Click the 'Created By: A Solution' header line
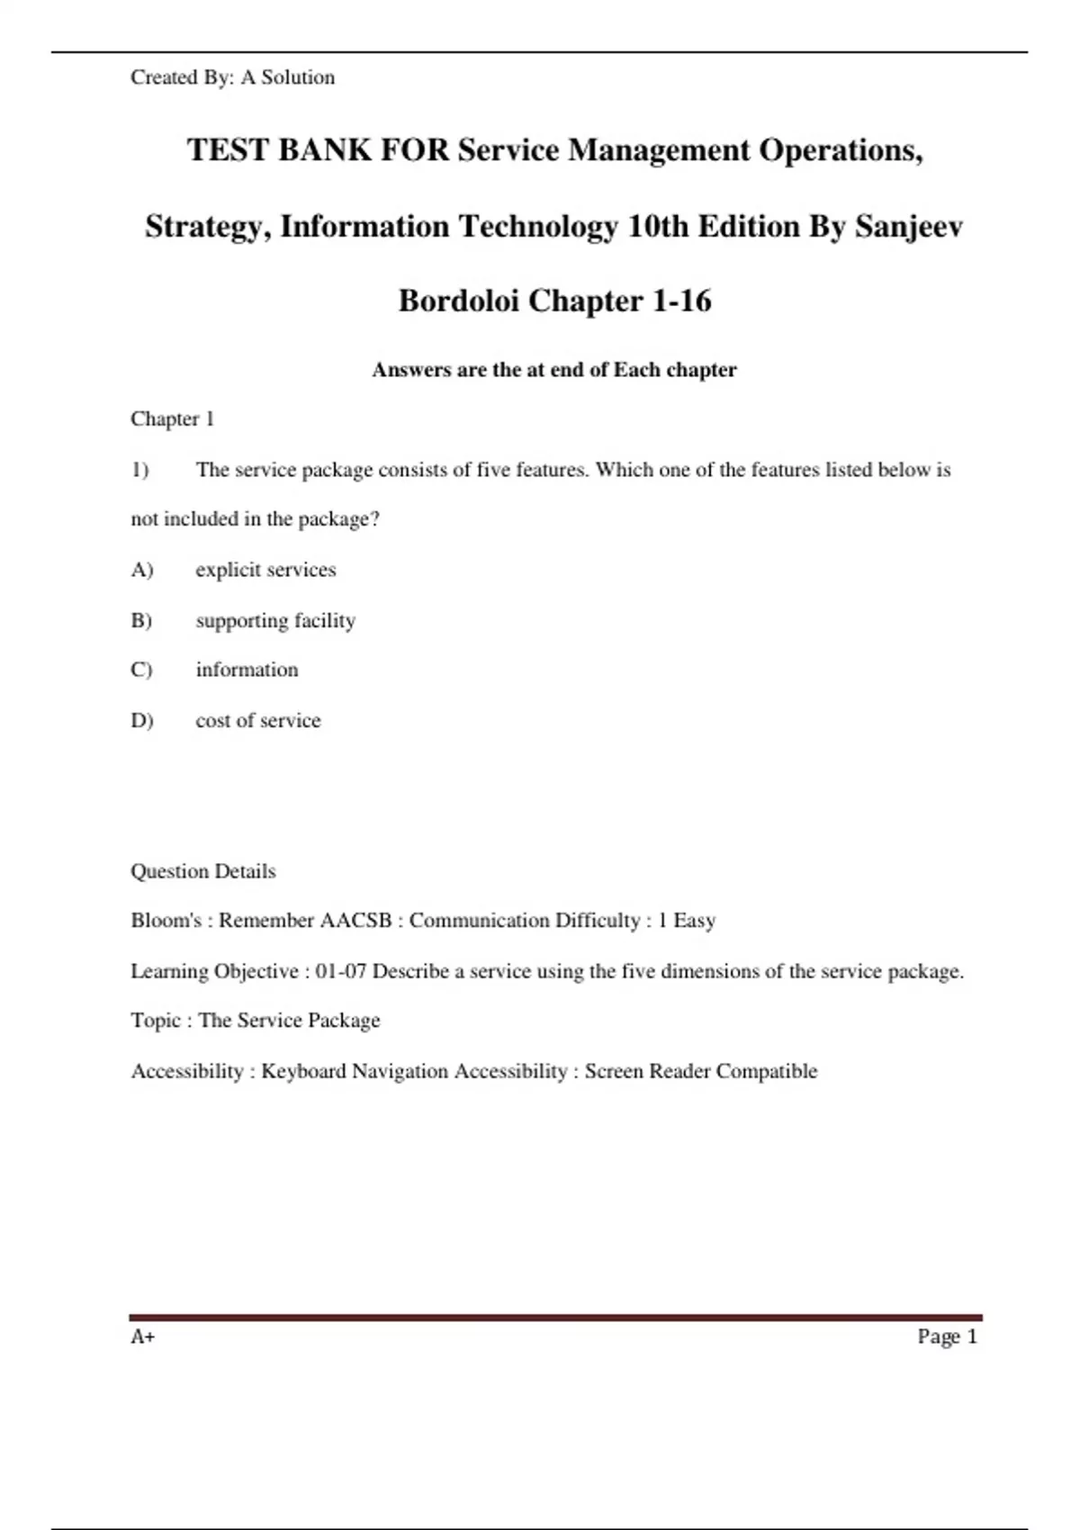232,77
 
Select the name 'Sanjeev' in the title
908,226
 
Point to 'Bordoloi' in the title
458,301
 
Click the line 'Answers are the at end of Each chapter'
554,370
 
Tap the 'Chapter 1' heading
172,418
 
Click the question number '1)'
139,470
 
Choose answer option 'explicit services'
265,570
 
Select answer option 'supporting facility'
275,620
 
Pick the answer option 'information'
247,670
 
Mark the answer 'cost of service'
258,720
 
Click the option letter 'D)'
142,720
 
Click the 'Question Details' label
203,871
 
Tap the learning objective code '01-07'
340,971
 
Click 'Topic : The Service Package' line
256,1021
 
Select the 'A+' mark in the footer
143,1336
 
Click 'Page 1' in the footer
947,1336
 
